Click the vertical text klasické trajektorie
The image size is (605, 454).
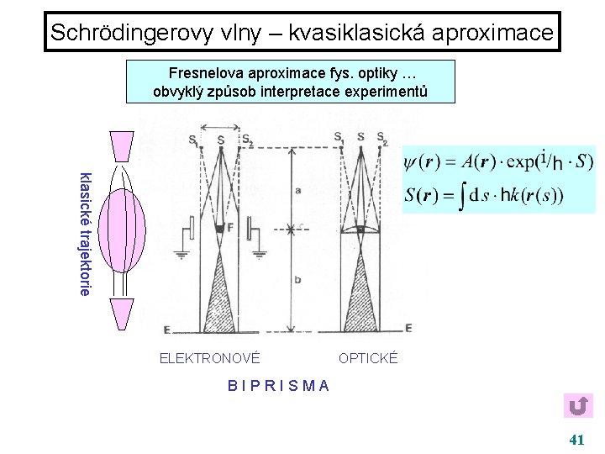pos(84,233)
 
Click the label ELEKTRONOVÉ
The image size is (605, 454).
pos(209,359)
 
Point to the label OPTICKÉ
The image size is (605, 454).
pos(368,359)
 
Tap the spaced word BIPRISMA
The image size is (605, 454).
pos(278,386)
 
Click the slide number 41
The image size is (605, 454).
pos(576,439)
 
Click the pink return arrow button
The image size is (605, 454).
pos(577,407)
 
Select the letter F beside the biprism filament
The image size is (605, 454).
pos(229,227)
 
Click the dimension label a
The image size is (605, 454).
pos(297,191)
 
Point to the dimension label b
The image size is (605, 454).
pos(297,279)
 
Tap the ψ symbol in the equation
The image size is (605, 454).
pos(411,161)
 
